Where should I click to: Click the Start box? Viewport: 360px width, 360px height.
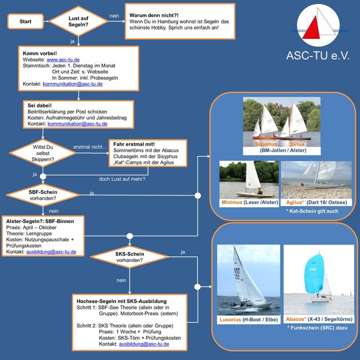pyautogui.click(x=26, y=21)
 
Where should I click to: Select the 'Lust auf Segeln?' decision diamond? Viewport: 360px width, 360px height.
pyautogui.click(x=80, y=21)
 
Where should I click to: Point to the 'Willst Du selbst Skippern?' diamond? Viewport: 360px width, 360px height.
pyautogui.click(x=41, y=153)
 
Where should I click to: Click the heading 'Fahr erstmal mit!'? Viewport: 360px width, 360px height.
pyautogui.click(x=134, y=143)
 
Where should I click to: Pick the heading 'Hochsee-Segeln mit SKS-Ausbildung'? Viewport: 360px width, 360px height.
pyautogui.click(x=121, y=301)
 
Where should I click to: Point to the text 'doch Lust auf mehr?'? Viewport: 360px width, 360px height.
pyautogui.click(x=122, y=178)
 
